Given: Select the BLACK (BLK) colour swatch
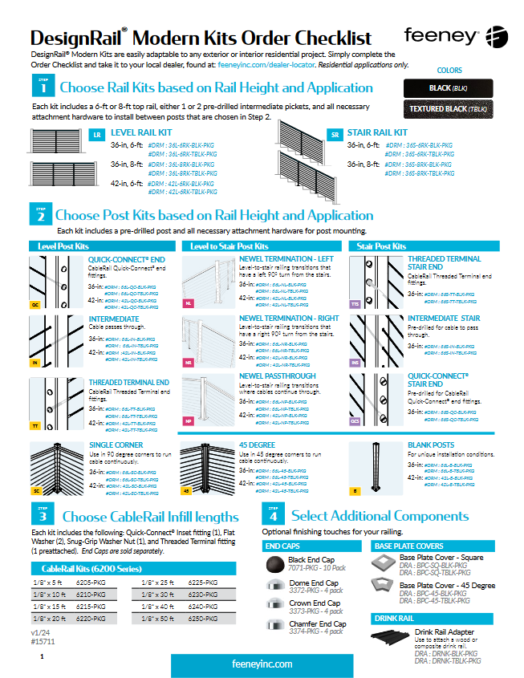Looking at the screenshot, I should [449, 87].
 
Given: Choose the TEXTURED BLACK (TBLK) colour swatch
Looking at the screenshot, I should [449, 108].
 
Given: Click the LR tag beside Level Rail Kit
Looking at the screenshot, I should [96, 135].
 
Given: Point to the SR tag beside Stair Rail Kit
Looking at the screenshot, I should [336, 135].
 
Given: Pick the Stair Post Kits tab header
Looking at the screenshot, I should [381, 246].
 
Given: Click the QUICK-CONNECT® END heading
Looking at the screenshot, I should [127, 260].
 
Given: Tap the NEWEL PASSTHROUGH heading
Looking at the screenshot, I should [278, 376].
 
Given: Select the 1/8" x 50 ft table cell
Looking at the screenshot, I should [158, 619].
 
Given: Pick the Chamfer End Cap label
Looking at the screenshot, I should [318, 623].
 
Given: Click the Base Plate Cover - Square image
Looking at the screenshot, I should [384, 561].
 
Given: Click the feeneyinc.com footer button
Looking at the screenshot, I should [262, 664].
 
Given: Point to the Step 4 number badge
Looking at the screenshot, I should [273, 515].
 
